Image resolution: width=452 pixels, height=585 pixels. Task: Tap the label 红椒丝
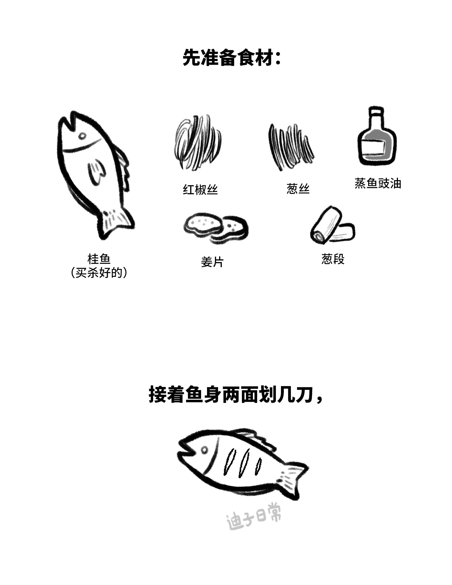pos(200,190)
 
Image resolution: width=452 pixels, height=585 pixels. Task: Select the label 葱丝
pos(298,189)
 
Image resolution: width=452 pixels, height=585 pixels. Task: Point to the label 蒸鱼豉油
pos(378,183)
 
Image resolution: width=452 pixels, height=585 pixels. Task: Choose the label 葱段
pos(333,259)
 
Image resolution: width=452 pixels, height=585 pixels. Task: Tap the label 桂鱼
pos(99,259)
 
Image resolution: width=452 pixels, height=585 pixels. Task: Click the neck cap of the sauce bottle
pos(376,113)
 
